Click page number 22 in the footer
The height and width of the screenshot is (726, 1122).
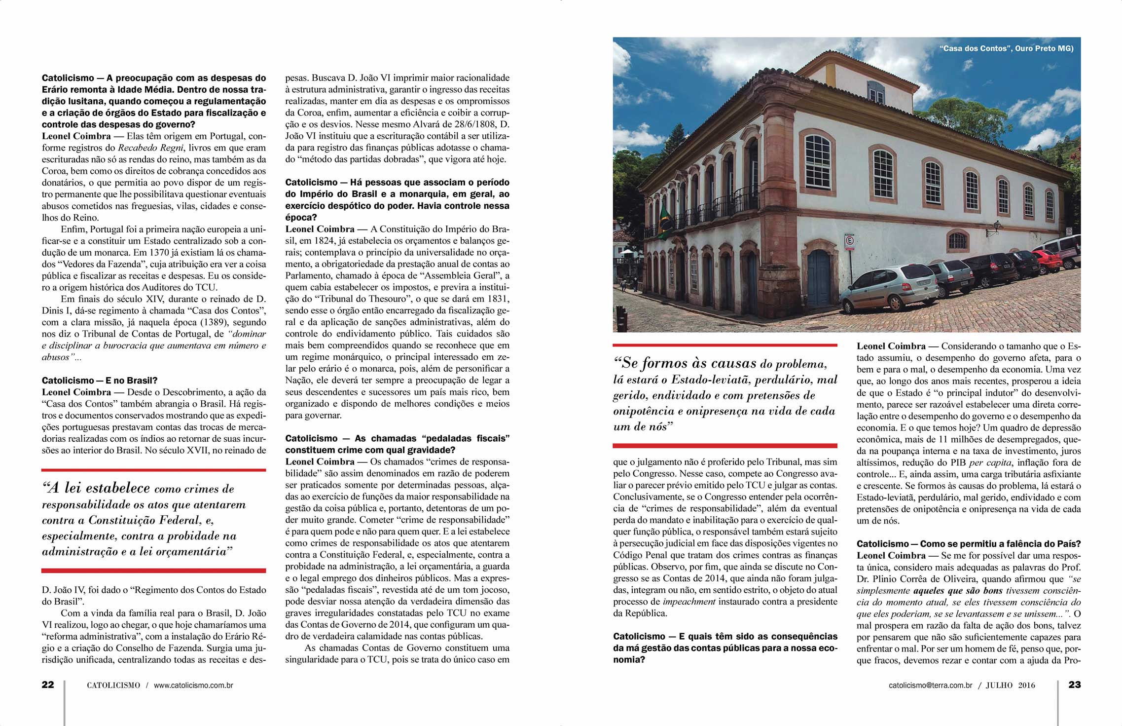pyautogui.click(x=48, y=685)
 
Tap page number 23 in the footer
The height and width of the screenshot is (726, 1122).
pyautogui.click(x=1075, y=685)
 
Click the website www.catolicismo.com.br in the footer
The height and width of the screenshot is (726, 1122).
pyautogui.click(x=193, y=685)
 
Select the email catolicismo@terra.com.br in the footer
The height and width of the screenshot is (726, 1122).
pyautogui.click(x=930, y=685)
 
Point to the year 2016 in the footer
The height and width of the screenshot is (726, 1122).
pyautogui.click(x=1026, y=685)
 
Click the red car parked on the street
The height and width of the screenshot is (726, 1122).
pyautogui.click(x=1047, y=261)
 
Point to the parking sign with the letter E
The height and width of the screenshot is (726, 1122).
pyautogui.click(x=850, y=241)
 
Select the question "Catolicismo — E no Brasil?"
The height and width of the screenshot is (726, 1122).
pyautogui.click(x=99, y=381)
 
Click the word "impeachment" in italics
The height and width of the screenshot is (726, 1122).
pyautogui.click(x=689, y=602)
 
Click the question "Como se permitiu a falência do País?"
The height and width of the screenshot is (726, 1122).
pyautogui.click(x=1000, y=544)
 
